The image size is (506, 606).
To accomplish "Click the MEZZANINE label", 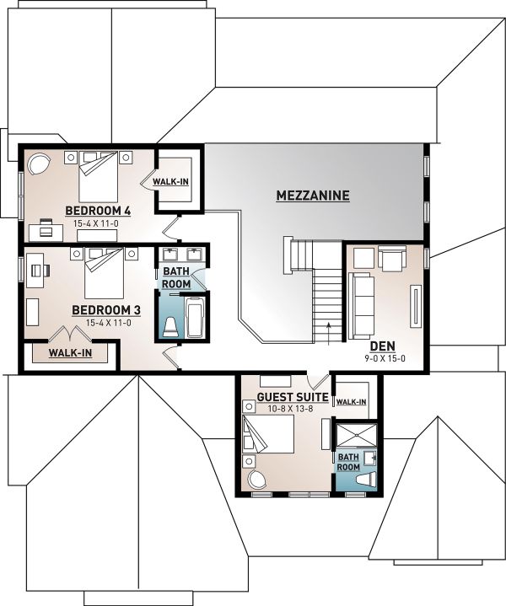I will pos(312,196).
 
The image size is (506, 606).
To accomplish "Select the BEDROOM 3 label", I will pos(105,310).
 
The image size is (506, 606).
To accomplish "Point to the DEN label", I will pos(383,346).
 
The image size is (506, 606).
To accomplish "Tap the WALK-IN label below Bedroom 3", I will pos(70,352).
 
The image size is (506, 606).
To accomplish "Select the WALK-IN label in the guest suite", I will pos(352,402).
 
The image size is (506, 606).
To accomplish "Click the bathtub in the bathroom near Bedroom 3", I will pos(194,318).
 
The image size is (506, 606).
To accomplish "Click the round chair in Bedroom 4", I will pos(39,163).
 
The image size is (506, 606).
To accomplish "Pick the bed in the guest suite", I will pos(270,435).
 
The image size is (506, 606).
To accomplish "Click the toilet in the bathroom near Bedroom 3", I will pos(170,326).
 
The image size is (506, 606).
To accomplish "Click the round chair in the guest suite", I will pos(256,480).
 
